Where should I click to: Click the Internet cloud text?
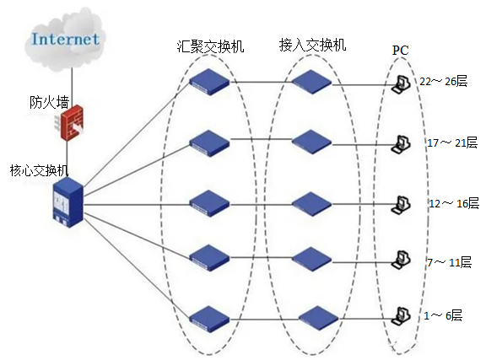point(66,40)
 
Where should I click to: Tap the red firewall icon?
point(70,123)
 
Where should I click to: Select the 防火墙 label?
point(49,102)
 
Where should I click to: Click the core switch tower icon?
point(68,202)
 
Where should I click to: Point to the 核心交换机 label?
point(39,170)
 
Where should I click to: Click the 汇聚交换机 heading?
point(210,46)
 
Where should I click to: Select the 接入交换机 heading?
point(312,45)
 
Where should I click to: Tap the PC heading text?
point(401,51)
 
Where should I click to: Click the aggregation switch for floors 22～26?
point(209,82)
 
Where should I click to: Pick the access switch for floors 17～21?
point(311,142)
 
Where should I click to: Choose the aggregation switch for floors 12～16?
point(209,203)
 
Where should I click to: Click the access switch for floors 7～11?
point(311,260)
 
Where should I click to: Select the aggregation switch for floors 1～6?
point(209,319)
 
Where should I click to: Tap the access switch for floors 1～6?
point(319,318)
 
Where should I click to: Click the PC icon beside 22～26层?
point(401,84)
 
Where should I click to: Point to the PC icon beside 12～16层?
point(401,205)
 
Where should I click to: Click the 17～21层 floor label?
point(452,142)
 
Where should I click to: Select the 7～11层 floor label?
point(450,262)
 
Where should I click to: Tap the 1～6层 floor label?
point(443,315)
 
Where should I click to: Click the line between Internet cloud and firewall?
point(72,87)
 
